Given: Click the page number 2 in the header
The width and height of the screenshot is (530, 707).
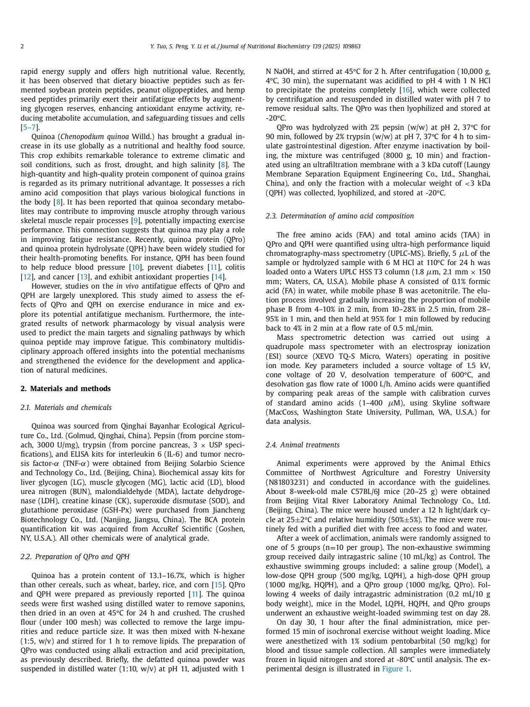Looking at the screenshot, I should coord(22,46).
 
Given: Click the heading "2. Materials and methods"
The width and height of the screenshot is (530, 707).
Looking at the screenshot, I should coord(66,389).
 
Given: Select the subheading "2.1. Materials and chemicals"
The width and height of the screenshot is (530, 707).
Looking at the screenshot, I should coord(66,407).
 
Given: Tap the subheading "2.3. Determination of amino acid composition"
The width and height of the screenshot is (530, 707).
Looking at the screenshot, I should coord(340,216).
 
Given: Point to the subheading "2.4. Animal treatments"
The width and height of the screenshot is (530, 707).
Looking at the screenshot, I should coord(303,445).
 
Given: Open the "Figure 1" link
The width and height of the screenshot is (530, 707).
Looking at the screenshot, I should coord(395,669).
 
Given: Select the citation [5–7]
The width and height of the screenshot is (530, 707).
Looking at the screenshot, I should coord(30,127).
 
